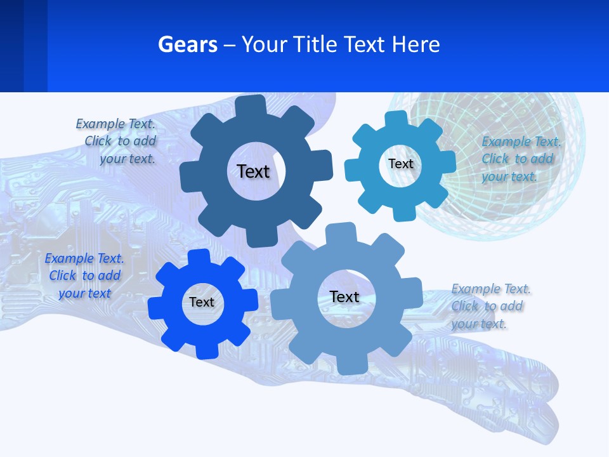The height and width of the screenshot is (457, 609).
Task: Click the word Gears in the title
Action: tap(188, 45)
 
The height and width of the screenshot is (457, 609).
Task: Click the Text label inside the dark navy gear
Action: tap(253, 171)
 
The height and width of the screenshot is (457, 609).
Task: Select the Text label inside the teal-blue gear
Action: tap(400, 164)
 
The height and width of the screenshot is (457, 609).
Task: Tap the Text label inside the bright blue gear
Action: tap(202, 302)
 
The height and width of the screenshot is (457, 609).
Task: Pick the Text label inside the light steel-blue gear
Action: tap(344, 296)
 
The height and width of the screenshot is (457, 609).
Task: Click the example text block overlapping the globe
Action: tap(520, 159)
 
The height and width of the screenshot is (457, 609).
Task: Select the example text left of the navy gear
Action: tap(118, 142)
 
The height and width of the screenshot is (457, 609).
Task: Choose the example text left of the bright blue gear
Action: tap(84, 275)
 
